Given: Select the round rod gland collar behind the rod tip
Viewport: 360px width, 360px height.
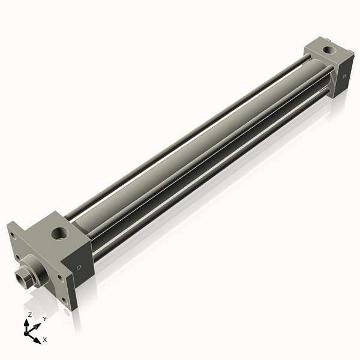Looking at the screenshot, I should pos(37,270).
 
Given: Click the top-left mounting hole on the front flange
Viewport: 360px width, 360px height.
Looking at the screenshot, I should pos(14,236).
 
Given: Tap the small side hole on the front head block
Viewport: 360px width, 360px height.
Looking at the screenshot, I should pos(79,267).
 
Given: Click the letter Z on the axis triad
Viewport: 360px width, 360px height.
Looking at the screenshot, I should pos(29,314).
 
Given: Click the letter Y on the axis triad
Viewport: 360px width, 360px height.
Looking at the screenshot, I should pos(44,320).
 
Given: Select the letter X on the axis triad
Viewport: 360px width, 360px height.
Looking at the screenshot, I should pos(44,340).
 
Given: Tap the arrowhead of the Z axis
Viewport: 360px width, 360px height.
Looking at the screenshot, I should pos(26,322).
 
